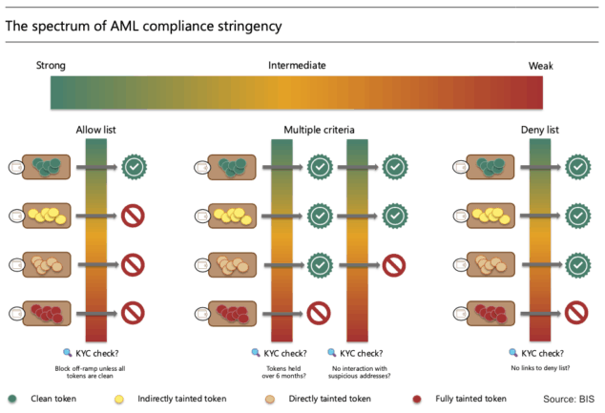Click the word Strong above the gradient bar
point(52,66)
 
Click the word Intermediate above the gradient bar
point(297,66)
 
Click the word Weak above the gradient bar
point(543,66)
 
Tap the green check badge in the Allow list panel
point(135,167)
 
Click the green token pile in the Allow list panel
point(47,167)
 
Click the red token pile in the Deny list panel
point(490,311)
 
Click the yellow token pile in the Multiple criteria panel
point(232,215)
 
